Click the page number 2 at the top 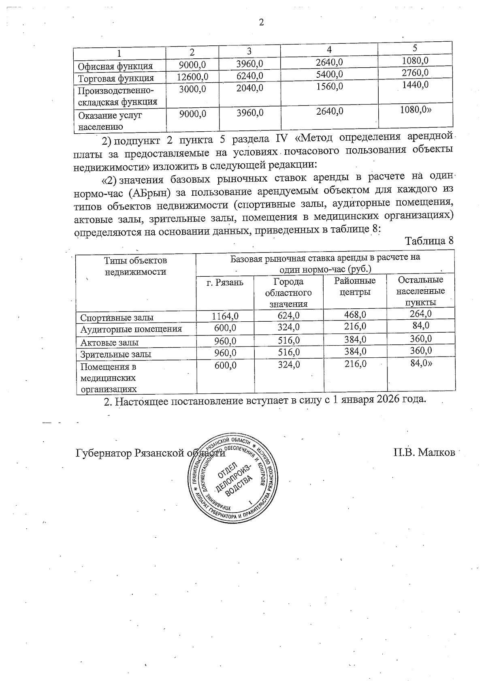pyautogui.click(x=261, y=22)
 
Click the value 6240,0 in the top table pyautogui.click(x=249, y=76)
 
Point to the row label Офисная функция pyautogui.click(x=115, y=66)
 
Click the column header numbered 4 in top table pyautogui.click(x=329, y=49)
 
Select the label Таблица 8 pyautogui.click(x=429, y=241)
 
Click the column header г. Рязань pyautogui.click(x=225, y=282)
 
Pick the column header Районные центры pyautogui.click(x=355, y=286)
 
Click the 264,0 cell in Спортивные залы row pyautogui.click(x=420, y=314)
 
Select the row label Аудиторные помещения pyautogui.click(x=131, y=329)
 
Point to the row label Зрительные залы pyautogui.click(x=116, y=354)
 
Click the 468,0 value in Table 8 pyautogui.click(x=355, y=315)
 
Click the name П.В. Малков pyautogui.click(x=424, y=452)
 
